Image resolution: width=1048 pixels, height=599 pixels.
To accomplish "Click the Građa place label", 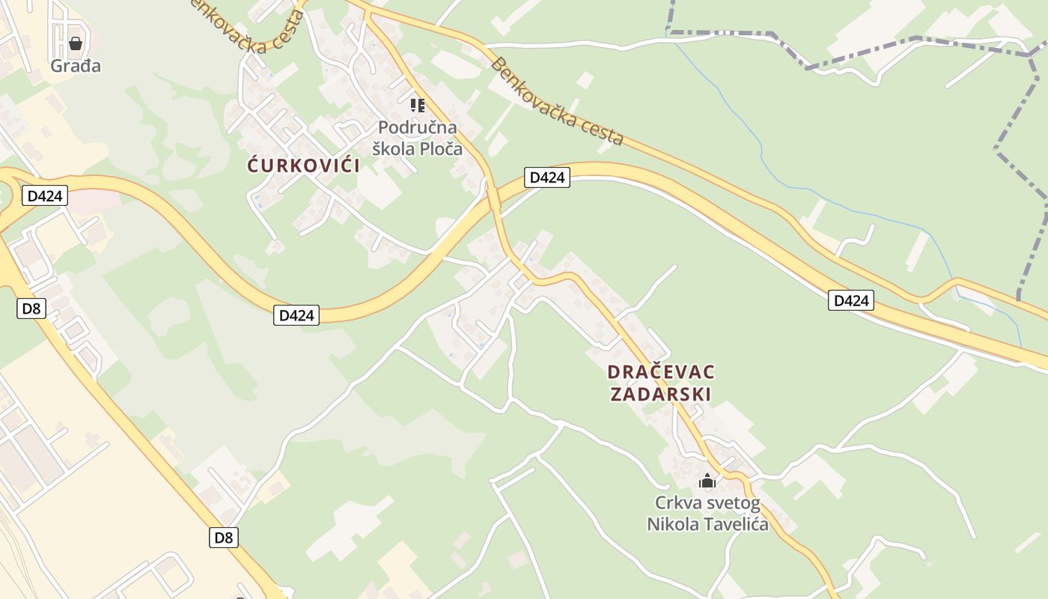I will coord(76,66).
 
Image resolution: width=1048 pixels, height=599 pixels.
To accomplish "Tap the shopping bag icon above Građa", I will coord(75,43).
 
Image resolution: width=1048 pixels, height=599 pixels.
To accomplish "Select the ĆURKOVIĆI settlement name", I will coord(304,165).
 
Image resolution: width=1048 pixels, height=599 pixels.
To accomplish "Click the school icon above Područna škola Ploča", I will coord(418,105).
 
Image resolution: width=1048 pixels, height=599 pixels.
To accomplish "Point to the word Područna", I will coord(418,128).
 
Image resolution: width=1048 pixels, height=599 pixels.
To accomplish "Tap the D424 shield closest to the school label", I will coord(546,177).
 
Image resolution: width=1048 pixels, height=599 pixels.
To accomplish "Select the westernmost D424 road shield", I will coord(45,196).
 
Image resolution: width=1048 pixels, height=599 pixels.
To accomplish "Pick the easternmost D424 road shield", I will coord(851,301).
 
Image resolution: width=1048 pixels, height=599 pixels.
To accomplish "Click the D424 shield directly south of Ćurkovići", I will coord(296,315).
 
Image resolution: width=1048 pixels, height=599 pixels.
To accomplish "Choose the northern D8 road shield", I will coord(30,308).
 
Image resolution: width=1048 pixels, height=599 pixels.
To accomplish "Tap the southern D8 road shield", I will coord(224,537).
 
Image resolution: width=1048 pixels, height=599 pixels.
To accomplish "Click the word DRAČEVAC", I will coord(661,372).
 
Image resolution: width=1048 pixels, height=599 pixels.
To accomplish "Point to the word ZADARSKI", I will coord(660,394).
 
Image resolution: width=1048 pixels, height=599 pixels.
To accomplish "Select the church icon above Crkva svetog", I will coord(707,481).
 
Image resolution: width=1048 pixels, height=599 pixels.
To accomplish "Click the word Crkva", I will coord(676,503).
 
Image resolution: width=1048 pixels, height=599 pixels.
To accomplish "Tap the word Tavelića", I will coord(737,524).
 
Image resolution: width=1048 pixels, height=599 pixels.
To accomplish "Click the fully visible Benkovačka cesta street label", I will coord(557,102).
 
